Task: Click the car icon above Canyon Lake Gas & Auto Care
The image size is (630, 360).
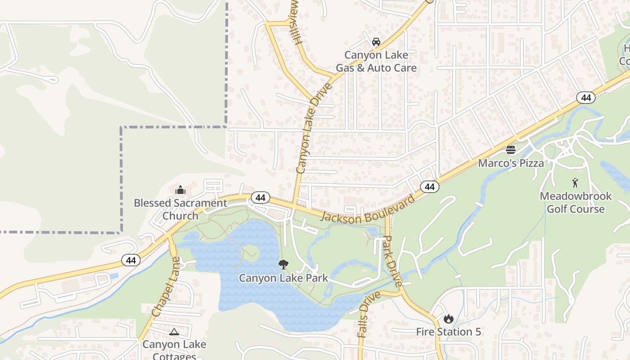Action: pyautogui.click(x=376, y=42)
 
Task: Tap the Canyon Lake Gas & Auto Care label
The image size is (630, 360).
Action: pyautogui.click(x=376, y=62)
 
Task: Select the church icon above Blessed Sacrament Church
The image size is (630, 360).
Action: pyautogui.click(x=180, y=190)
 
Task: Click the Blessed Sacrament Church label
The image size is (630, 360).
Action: pyautogui.click(x=180, y=209)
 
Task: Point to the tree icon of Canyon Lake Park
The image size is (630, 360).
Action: pyautogui.click(x=283, y=265)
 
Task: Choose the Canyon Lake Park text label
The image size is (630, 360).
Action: pyautogui.click(x=283, y=278)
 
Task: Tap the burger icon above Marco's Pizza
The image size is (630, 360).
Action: pyautogui.click(x=510, y=149)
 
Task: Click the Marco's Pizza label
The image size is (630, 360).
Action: pyautogui.click(x=511, y=163)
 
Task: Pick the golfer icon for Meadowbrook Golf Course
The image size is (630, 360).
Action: pyautogui.click(x=575, y=183)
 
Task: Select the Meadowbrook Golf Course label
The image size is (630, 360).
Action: pyautogui.click(x=576, y=202)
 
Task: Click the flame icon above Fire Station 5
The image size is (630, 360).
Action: pyautogui.click(x=448, y=319)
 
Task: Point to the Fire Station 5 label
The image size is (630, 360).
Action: pyautogui.click(x=448, y=332)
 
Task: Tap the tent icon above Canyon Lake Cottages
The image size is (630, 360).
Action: pyautogui.click(x=174, y=332)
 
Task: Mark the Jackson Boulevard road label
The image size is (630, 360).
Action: pyautogui.click(x=368, y=210)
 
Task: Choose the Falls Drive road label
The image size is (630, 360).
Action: pyautogui.click(x=369, y=314)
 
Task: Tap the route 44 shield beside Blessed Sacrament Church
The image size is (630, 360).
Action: pyautogui.click(x=260, y=198)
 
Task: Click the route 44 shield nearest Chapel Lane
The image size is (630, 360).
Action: pyautogui.click(x=131, y=260)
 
